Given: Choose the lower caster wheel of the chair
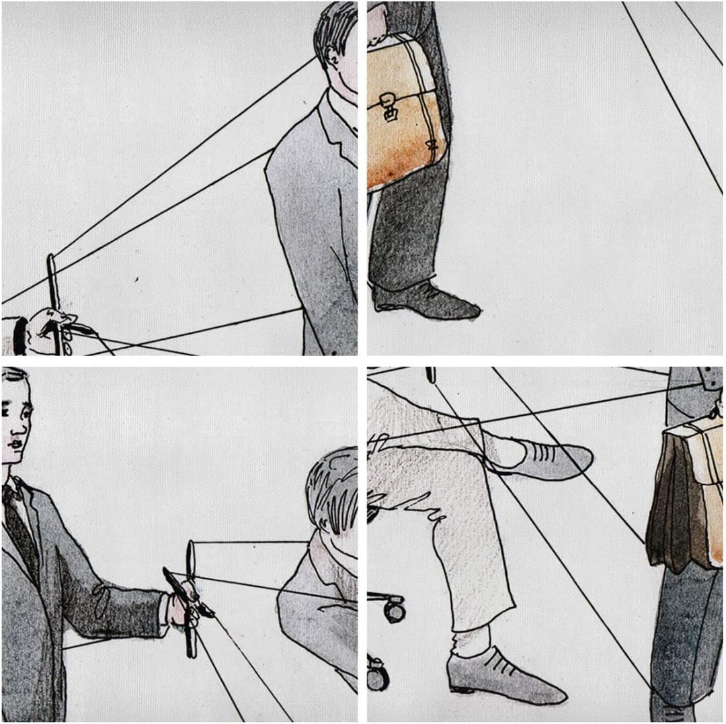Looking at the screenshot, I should pyautogui.click(x=378, y=675).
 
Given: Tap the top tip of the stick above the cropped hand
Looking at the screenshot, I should pyautogui.click(x=51, y=259).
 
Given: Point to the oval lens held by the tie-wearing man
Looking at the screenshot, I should pyautogui.click(x=191, y=557).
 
